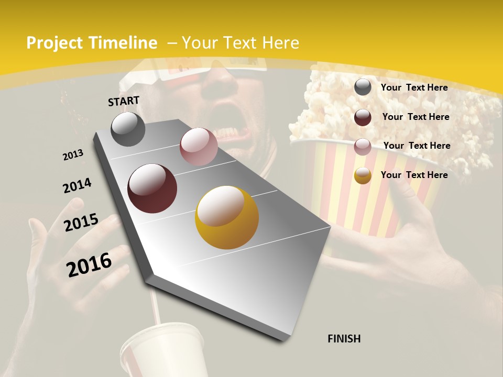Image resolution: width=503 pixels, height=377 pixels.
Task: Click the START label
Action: [x=124, y=101]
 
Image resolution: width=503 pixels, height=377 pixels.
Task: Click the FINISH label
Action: [x=344, y=339]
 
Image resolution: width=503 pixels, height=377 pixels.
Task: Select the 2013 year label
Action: [x=73, y=155]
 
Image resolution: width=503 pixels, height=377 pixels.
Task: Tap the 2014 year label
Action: [x=77, y=186]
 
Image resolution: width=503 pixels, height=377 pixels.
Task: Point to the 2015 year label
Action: [x=81, y=223]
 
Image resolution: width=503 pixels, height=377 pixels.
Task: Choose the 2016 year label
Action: [x=89, y=264]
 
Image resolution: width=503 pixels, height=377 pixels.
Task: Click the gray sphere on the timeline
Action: [x=128, y=129]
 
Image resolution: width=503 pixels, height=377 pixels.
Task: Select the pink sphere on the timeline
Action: [x=199, y=147]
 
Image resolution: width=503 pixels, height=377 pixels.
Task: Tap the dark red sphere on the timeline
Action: [x=152, y=188]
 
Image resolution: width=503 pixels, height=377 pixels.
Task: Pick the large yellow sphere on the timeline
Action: [x=227, y=217]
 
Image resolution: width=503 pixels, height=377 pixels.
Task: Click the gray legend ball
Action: [x=363, y=87]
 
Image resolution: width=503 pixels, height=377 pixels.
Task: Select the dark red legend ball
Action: [x=363, y=117]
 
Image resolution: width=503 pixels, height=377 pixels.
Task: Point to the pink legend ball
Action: [x=363, y=146]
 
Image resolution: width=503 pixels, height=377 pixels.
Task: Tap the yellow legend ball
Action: [x=363, y=175]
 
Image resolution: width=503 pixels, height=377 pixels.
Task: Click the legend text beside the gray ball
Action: [x=414, y=87]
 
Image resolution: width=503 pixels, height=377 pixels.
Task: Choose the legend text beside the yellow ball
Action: [x=414, y=175]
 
